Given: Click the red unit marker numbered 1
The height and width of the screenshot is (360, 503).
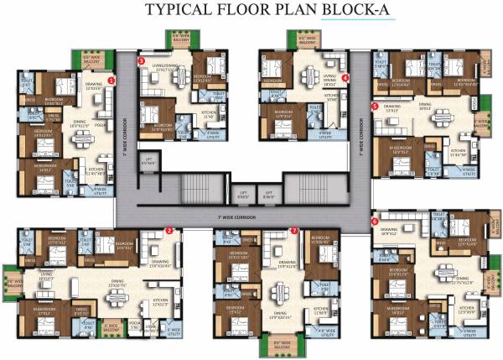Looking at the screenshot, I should [x=111, y=80].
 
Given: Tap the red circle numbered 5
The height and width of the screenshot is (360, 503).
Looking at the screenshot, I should [x=374, y=107].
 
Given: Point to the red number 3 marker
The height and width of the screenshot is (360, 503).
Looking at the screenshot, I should [x=141, y=61].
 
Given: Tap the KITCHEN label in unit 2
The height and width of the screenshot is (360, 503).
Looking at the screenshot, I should [x=162, y=305].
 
